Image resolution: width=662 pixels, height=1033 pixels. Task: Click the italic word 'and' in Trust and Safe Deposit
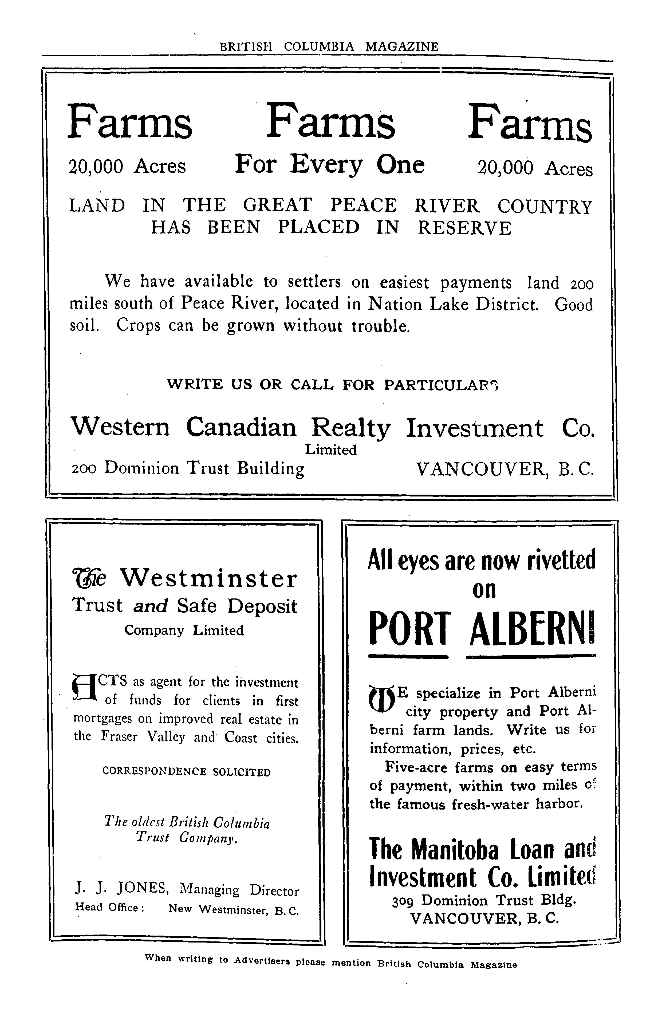click(150, 606)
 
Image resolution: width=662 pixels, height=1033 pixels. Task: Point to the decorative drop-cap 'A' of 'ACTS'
click(84, 688)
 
